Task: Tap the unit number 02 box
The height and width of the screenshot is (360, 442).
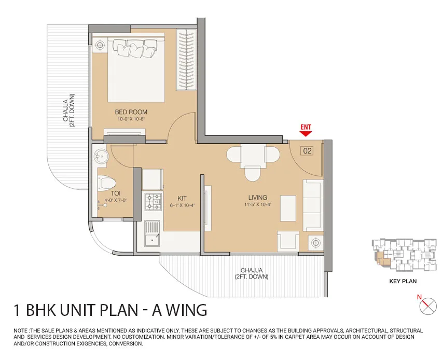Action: [307, 151]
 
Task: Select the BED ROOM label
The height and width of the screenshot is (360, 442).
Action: [131, 112]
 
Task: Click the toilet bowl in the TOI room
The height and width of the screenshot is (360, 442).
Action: [106, 183]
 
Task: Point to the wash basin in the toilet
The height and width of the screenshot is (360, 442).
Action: [101, 156]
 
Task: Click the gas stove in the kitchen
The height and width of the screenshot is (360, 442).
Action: [154, 202]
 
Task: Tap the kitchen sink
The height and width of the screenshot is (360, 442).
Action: [152, 233]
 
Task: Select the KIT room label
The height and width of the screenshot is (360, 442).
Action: [182, 198]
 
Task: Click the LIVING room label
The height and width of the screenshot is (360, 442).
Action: [258, 197]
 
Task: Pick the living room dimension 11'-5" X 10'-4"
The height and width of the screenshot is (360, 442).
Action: [258, 205]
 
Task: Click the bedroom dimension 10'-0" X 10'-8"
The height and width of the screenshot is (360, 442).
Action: [131, 119]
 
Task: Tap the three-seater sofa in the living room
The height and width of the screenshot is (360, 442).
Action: [313, 205]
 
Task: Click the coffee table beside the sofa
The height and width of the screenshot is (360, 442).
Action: [288, 208]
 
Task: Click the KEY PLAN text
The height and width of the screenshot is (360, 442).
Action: [403, 281]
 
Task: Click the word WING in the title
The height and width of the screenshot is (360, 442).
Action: [185, 310]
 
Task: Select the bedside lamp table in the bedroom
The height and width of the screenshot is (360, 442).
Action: [100, 45]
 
